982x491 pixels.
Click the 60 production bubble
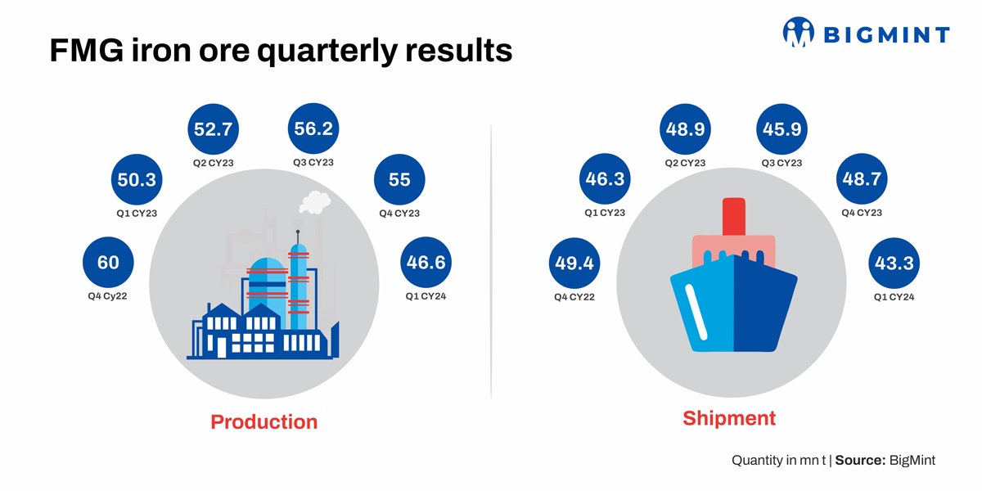tap(108, 262)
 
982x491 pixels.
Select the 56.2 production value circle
tap(313, 128)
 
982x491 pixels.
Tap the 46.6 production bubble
tap(426, 262)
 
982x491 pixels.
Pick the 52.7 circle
tap(213, 129)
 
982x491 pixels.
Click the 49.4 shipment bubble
tap(574, 263)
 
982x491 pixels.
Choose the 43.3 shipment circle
tap(894, 263)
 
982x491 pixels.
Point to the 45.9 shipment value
tap(782, 129)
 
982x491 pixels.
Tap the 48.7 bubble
tap(862, 178)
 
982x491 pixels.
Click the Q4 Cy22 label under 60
tap(107, 296)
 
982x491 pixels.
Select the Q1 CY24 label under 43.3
tap(894, 297)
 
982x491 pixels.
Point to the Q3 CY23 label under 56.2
tap(313, 163)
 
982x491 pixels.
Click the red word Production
tap(264, 421)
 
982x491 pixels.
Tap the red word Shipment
tap(729, 418)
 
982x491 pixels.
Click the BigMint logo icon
tap(799, 32)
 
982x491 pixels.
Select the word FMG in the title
tap(87, 51)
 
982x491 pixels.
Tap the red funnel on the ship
tap(734, 217)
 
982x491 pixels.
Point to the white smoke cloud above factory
tap(315, 202)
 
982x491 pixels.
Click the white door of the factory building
tap(222, 347)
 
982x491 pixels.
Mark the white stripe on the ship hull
tap(696, 312)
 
